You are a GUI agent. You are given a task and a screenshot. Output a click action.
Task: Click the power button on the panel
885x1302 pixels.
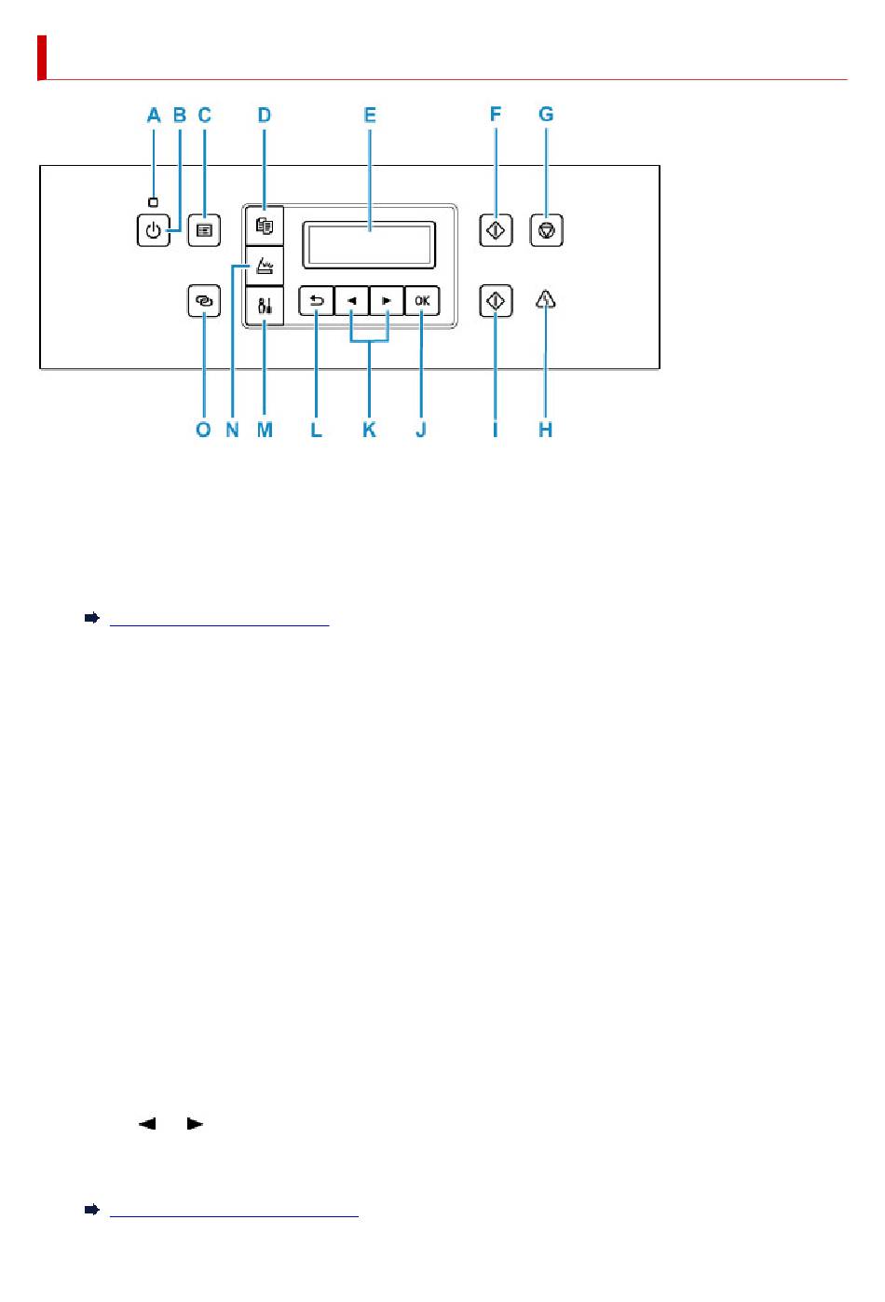tap(154, 230)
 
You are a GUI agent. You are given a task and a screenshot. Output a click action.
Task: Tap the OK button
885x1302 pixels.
tap(422, 301)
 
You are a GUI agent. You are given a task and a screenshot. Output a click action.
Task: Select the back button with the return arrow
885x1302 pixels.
tap(316, 301)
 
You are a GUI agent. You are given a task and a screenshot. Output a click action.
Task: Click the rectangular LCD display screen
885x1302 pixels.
tap(369, 245)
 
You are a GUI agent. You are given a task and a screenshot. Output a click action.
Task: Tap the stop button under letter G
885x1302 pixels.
tap(547, 230)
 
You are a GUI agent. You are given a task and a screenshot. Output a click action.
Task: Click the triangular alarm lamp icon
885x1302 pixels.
tap(546, 299)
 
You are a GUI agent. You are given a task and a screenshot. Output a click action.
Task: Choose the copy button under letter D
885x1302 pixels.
tap(265, 226)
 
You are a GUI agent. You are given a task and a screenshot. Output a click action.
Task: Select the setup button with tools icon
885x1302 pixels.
tap(265, 305)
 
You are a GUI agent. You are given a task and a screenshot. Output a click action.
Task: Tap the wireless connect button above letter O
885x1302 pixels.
tap(204, 301)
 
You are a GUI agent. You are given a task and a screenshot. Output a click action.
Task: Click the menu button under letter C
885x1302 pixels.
tap(204, 230)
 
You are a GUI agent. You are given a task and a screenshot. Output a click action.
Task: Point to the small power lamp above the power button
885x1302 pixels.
tap(154, 202)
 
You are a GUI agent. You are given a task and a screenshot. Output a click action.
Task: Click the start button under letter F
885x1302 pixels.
tap(496, 230)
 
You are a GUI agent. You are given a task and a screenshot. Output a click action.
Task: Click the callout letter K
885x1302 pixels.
tap(369, 430)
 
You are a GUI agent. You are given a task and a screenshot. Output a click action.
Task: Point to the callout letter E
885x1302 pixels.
tap(370, 116)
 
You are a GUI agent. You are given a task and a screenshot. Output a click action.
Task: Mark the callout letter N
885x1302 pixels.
tap(232, 430)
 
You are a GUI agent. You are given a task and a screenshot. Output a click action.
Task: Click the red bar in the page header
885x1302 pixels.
tap(42, 58)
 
